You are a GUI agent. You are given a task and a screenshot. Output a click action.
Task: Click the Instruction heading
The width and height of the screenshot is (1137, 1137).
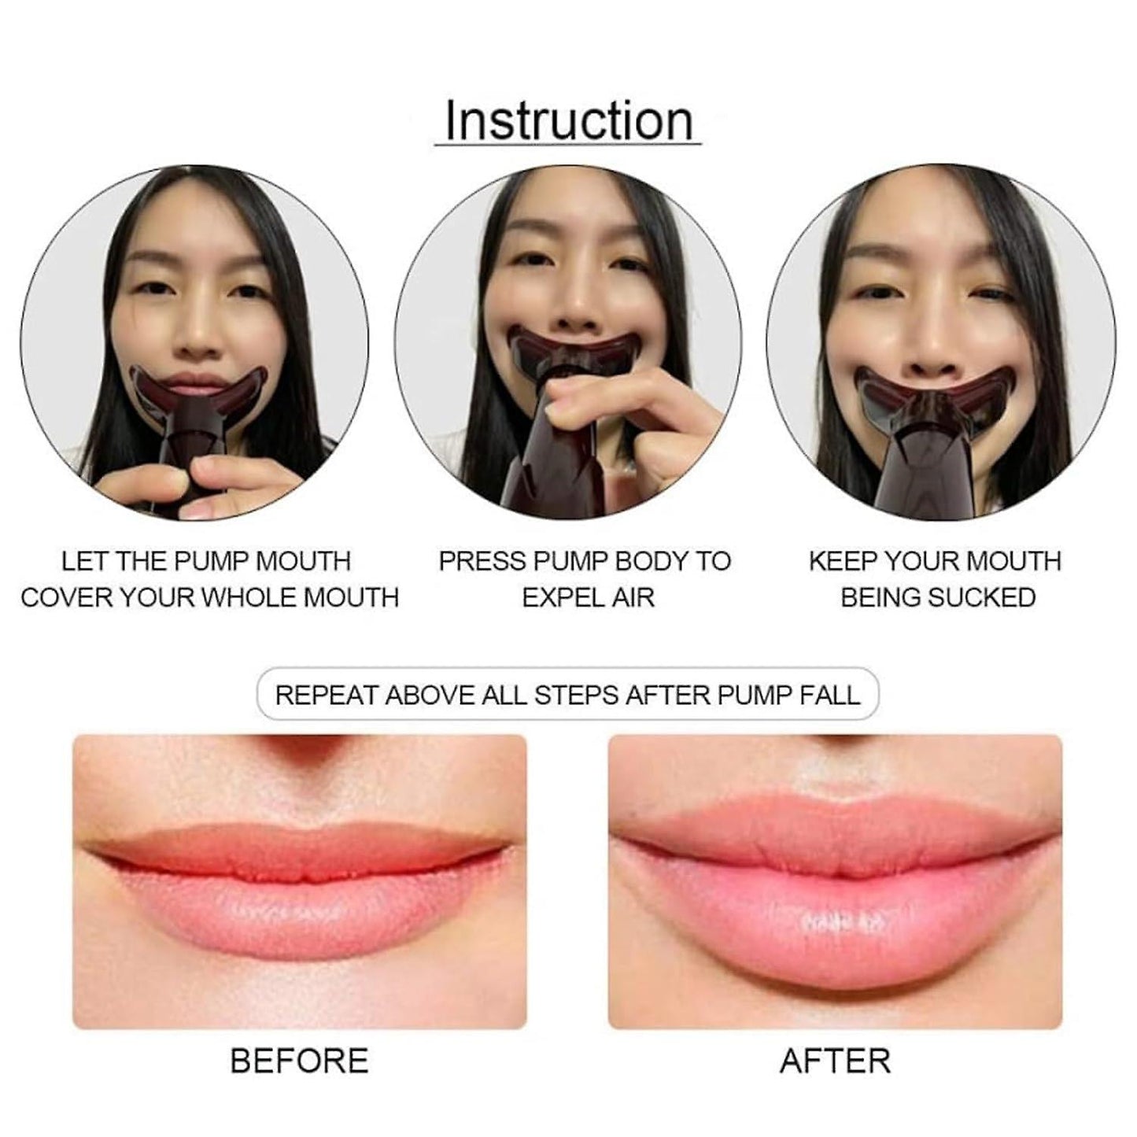click(x=569, y=121)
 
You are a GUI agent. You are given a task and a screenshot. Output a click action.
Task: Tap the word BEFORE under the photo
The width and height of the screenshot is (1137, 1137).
click(x=299, y=1061)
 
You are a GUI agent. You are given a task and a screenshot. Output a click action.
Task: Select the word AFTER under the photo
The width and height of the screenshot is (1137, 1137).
click(x=835, y=1061)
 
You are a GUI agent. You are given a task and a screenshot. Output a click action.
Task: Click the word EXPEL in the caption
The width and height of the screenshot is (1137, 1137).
click(x=552, y=598)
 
